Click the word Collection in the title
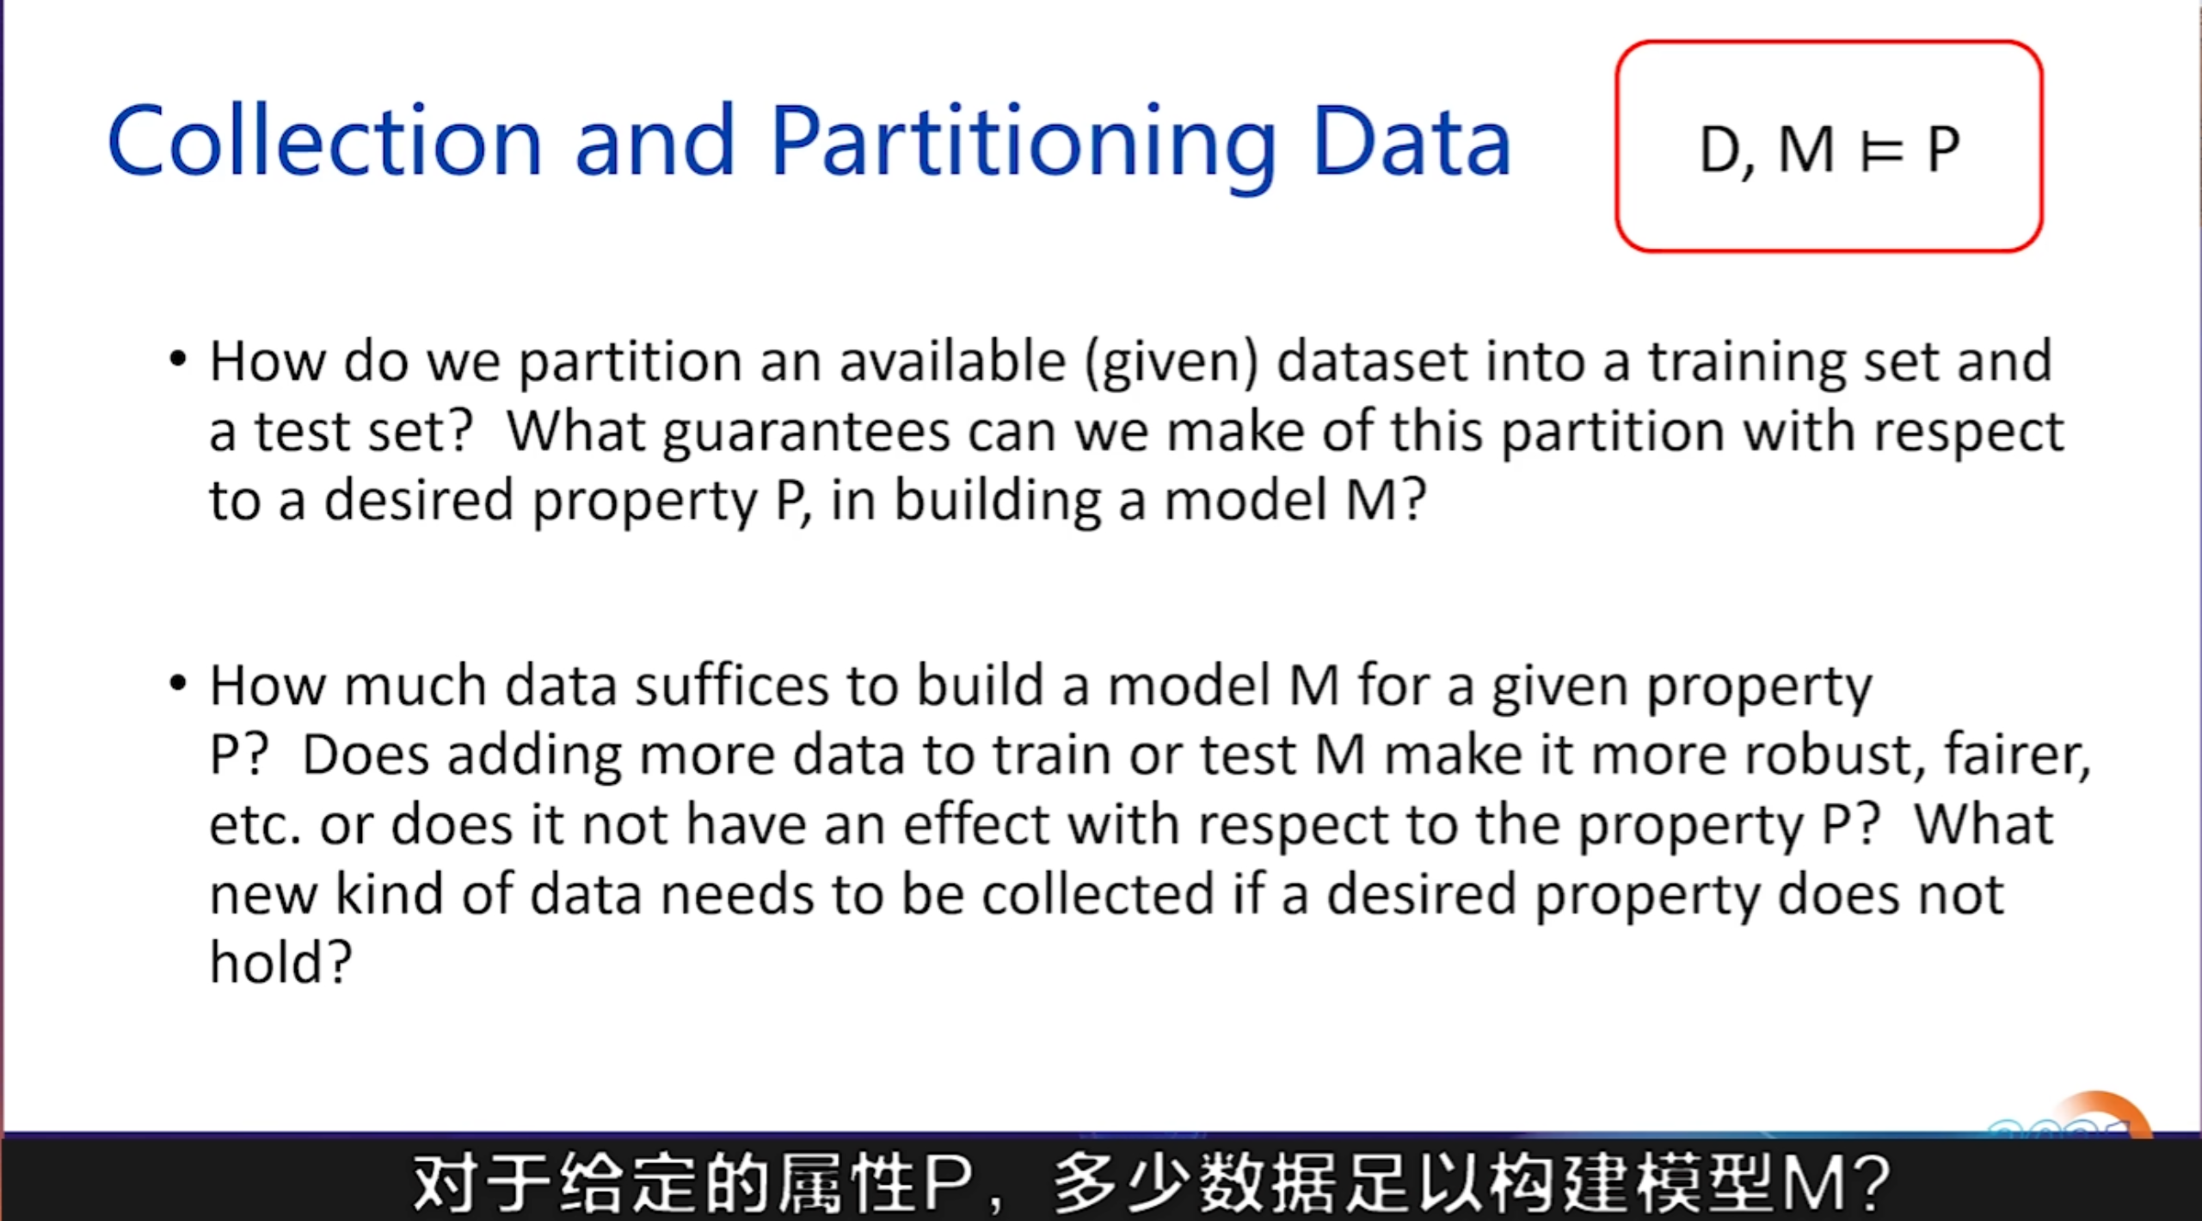tap(324, 141)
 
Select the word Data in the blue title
tap(1412, 141)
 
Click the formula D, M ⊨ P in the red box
tap(1830, 150)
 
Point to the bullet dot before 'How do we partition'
tap(178, 358)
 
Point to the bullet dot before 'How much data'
tap(178, 684)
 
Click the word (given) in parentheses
tap(1172, 362)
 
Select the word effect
tap(976, 823)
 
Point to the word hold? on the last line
tap(281, 961)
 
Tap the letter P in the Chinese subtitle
tap(947, 1183)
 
